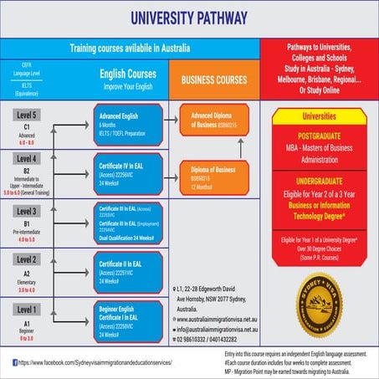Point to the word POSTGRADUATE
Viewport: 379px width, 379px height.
click(319, 131)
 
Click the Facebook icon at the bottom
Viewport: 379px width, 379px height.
click(15, 362)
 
